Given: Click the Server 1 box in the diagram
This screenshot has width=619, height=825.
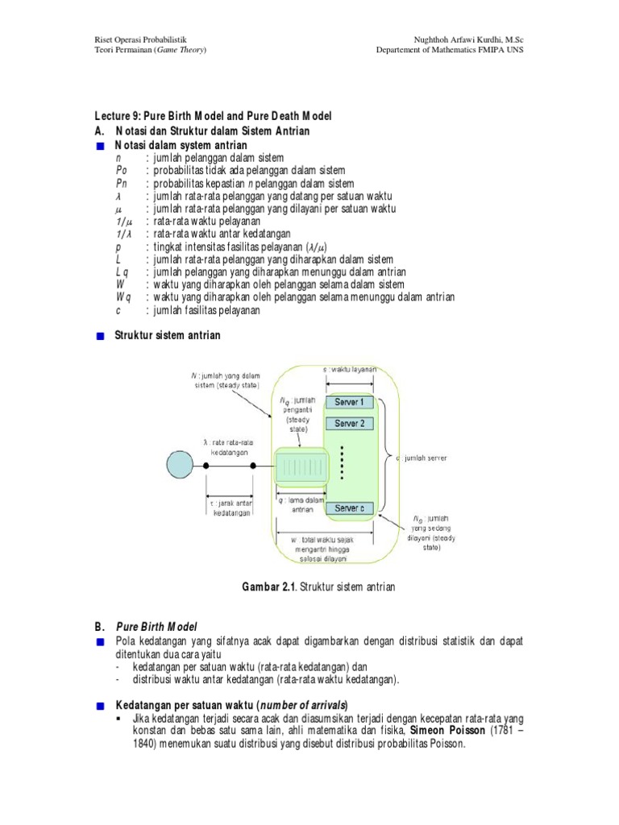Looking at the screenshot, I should coord(350,401).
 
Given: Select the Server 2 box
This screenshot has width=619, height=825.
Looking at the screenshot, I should coord(350,423).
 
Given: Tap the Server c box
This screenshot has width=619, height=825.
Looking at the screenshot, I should coord(350,509).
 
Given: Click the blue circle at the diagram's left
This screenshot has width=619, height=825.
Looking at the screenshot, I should coord(181,466).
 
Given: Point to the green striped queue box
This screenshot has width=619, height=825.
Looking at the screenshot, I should coord(299,466).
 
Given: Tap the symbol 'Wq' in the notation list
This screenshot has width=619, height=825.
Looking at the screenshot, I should coord(122,297).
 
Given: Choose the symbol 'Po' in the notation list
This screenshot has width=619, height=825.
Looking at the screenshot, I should coord(121,171).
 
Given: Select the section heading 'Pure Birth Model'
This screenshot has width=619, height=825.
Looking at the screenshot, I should coord(157,626).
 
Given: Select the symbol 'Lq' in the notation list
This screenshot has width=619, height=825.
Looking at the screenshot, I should coord(121,272).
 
